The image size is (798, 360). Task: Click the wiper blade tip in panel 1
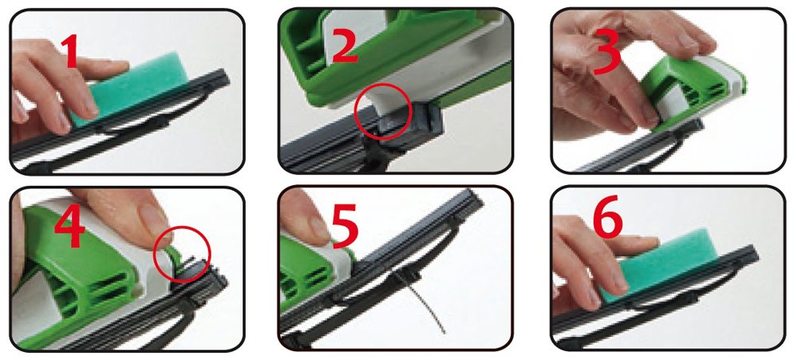click(x=222, y=78)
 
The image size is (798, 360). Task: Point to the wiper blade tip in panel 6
click(x=752, y=255)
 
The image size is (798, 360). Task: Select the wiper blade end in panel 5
click(x=472, y=199)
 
